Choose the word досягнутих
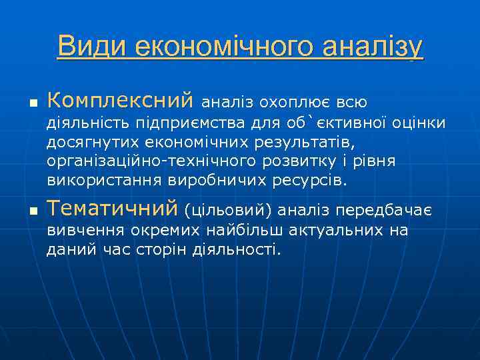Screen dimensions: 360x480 pyautogui.click(x=89, y=143)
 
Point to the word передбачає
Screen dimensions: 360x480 pyautogui.click(x=385, y=211)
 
